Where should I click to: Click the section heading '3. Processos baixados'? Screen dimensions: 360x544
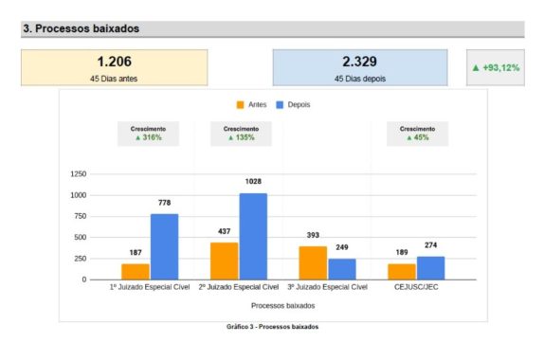click(81, 29)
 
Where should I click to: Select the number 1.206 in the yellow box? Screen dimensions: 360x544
click(114, 62)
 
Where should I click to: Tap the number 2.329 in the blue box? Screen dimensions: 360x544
click(359, 62)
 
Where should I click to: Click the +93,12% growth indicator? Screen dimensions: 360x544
click(495, 68)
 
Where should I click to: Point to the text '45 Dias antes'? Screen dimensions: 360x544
click(114, 79)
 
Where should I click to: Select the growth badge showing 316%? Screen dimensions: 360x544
click(149, 134)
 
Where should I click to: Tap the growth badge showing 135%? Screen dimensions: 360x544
click(242, 134)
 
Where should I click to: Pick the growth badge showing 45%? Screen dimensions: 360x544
click(417, 134)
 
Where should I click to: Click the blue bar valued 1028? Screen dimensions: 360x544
click(253, 236)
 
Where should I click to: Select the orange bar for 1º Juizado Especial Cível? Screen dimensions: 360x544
click(136, 271)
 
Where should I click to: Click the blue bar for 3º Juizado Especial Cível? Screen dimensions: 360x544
click(341, 269)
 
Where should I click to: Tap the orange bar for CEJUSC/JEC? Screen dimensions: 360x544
click(402, 271)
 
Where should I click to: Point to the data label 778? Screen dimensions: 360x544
click(164, 203)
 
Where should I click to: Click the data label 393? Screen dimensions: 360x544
click(312, 236)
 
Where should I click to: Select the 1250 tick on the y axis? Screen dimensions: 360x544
click(78, 174)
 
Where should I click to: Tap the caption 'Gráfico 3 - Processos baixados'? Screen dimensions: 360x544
click(272, 327)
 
